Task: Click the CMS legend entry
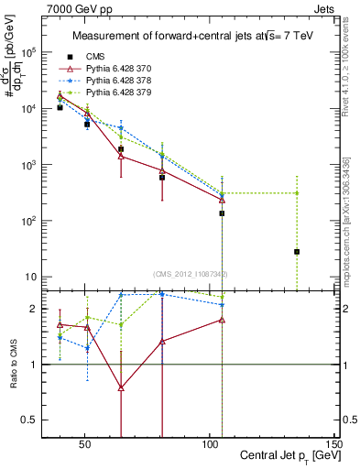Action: pyautogui.click(x=93, y=56)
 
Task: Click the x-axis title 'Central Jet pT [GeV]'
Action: pyautogui.click(x=286, y=456)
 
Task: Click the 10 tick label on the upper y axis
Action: pyautogui.click(x=29, y=277)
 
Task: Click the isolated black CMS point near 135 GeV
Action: pyautogui.click(x=297, y=251)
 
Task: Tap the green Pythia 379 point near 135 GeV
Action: pyautogui.click(x=297, y=192)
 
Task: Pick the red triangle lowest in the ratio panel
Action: pyautogui.click(x=121, y=387)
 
